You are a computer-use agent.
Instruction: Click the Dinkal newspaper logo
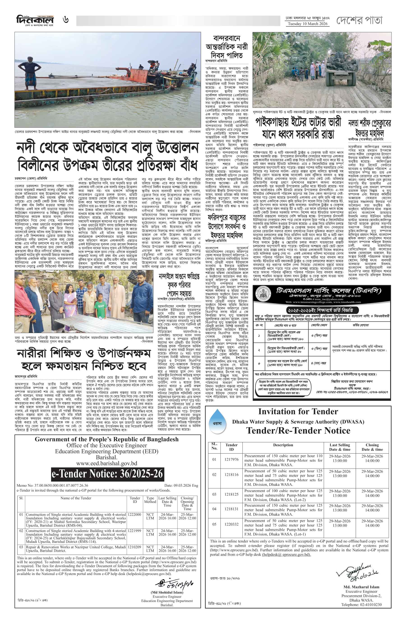[x=35, y=20]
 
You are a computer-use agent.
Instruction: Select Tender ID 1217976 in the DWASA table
[x=231, y=459]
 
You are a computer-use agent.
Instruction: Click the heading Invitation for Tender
[x=298, y=411]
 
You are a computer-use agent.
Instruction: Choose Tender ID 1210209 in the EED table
[x=134, y=547]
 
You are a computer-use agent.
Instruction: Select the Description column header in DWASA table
[x=283, y=445]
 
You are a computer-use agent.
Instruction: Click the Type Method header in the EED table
[x=150, y=500]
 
